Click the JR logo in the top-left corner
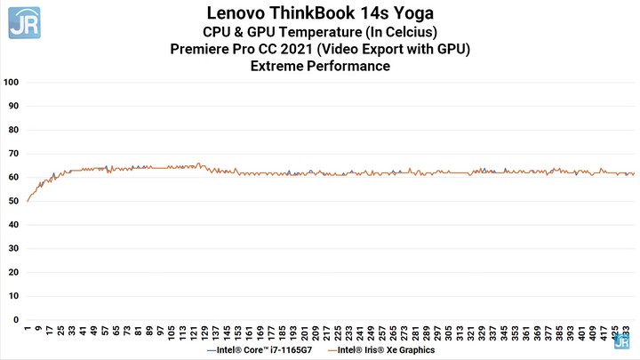point(24,23)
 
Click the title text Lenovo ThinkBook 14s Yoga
point(320,14)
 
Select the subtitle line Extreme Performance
point(320,66)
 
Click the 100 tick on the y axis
point(12,83)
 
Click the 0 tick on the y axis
point(15,319)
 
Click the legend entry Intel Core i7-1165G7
point(259,350)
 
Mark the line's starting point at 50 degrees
point(28,201)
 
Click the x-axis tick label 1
point(28,327)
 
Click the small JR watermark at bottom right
point(622,341)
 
